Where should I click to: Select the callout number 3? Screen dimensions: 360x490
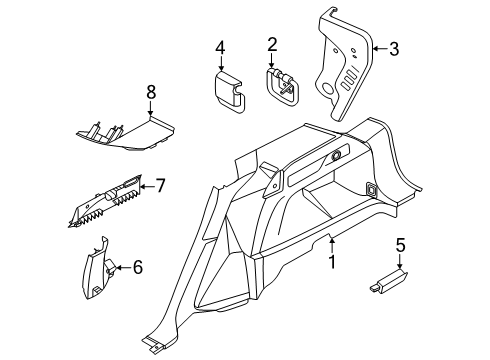click(x=394, y=47)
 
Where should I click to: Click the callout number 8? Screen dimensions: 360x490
click(x=152, y=93)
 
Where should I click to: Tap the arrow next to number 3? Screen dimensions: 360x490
click(x=378, y=47)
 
